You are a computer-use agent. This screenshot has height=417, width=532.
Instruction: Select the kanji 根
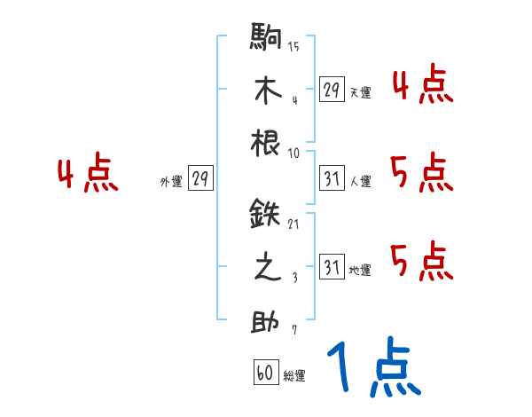pos(267,143)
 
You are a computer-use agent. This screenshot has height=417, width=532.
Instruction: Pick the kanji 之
pos(267,269)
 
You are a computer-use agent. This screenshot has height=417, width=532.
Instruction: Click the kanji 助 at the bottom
pos(267,321)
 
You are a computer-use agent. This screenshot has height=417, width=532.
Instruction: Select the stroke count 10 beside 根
pos(293,153)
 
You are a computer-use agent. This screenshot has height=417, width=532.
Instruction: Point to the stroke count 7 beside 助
pos(293,330)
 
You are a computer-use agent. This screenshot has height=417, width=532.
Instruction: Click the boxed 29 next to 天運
pos(332,90)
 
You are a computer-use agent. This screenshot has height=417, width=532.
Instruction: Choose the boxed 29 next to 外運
pos(200,179)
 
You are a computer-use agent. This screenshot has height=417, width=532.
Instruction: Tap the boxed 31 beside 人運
pos(332,179)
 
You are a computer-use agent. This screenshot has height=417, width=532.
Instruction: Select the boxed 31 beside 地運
pos(332,268)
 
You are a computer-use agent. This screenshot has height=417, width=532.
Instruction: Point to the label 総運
pos(294,376)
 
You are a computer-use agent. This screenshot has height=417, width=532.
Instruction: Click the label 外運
pos(171,182)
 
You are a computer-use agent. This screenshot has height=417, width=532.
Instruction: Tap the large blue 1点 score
pos(373,369)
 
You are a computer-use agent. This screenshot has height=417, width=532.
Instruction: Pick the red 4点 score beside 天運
pos(421,86)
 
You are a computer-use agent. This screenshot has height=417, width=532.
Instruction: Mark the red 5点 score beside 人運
pos(421,172)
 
